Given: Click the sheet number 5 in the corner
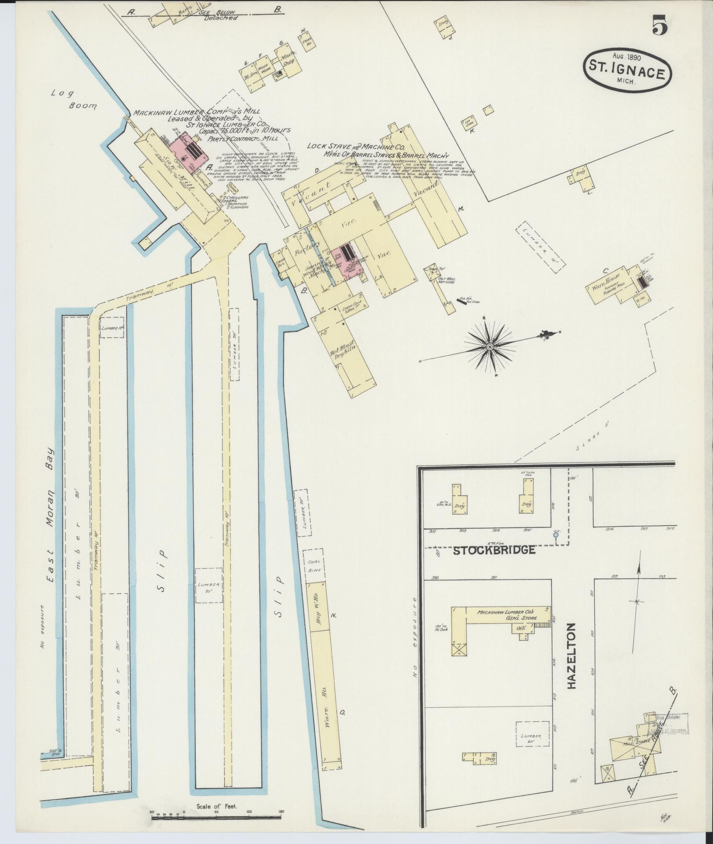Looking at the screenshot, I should click(x=660, y=25).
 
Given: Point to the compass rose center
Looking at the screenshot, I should click(x=490, y=346).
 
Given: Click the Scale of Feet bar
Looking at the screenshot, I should click(x=216, y=812).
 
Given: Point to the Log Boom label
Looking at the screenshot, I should click(x=74, y=99).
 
